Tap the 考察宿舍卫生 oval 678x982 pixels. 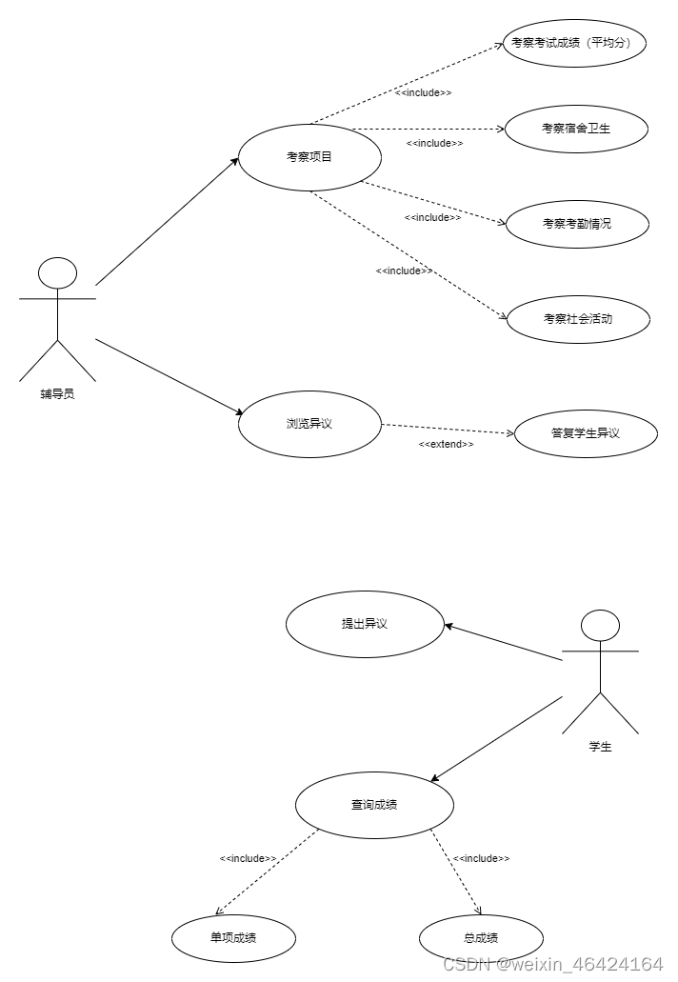click(x=576, y=129)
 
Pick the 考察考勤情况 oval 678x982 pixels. click(x=577, y=224)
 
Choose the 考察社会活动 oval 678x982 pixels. click(x=577, y=319)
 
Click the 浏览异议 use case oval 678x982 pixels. click(x=309, y=424)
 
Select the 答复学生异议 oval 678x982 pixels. click(x=586, y=433)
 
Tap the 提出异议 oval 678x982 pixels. click(x=365, y=624)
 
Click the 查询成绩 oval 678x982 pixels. click(x=374, y=805)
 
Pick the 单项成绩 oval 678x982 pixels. click(x=233, y=937)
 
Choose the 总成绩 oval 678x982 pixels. click(x=481, y=937)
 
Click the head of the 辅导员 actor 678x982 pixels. click(x=57, y=274)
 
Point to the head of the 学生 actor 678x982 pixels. click(x=600, y=627)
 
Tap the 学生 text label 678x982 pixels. click(x=600, y=747)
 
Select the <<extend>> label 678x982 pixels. click(x=446, y=445)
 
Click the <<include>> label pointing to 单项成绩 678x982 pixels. click(x=248, y=858)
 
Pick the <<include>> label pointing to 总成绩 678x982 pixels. click(x=481, y=858)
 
